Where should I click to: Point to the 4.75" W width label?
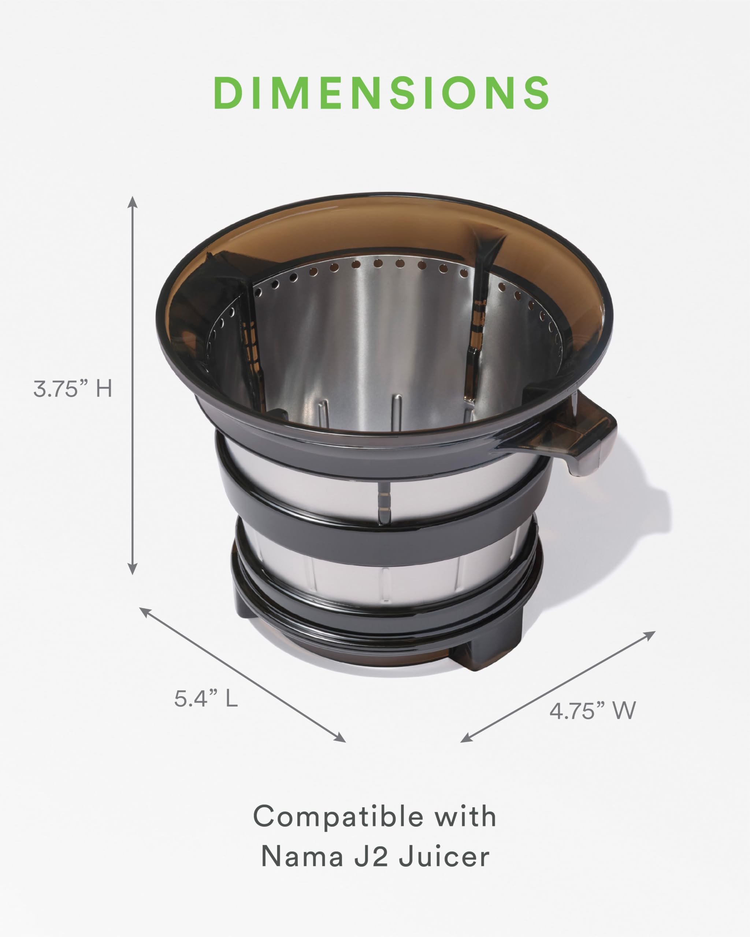[x=592, y=711]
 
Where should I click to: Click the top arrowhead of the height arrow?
[x=133, y=202]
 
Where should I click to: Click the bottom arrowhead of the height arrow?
[x=133, y=568]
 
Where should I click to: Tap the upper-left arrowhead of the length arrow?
[x=144, y=612]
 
